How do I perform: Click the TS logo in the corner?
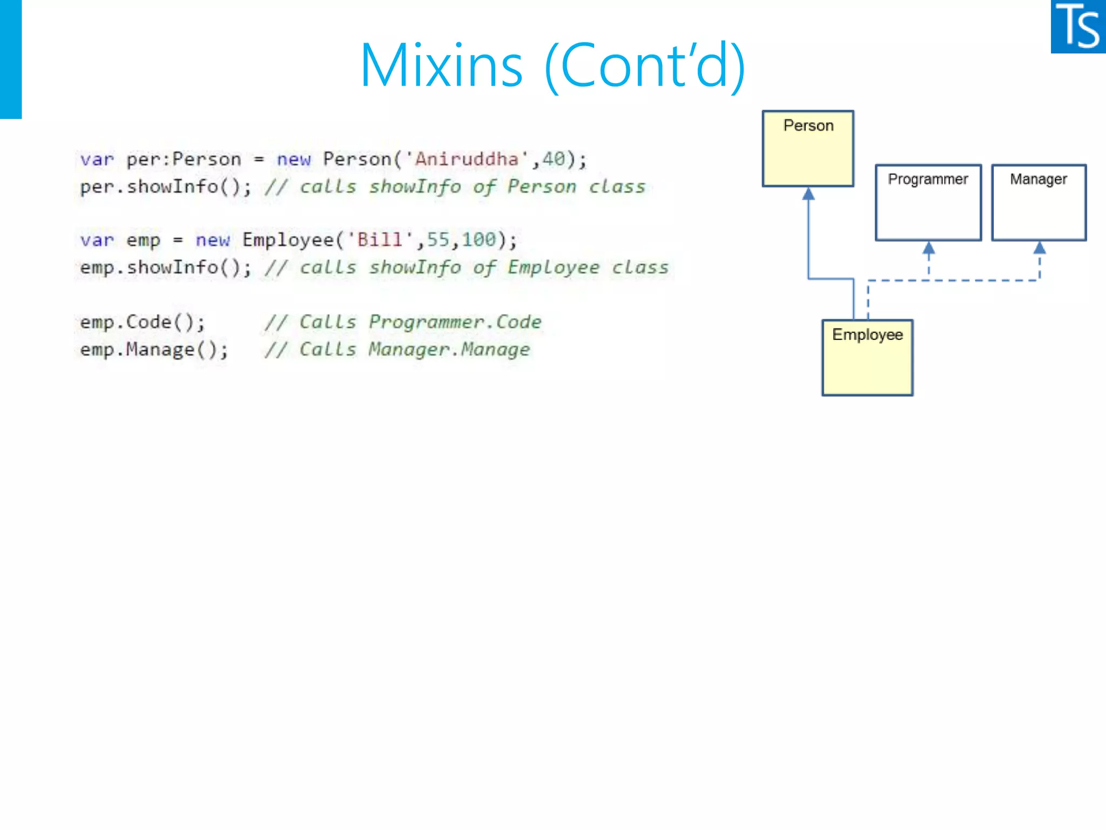[1078, 26]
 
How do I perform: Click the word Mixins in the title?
[441, 65]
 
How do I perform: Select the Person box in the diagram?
[808, 149]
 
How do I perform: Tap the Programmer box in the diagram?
[928, 203]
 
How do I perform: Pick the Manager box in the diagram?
[1039, 203]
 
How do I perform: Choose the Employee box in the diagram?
[867, 358]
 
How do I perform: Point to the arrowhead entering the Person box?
[808, 194]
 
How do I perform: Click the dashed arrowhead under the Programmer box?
[929, 249]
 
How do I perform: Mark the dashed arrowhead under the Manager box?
[1040, 249]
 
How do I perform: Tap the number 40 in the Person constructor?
[554, 159]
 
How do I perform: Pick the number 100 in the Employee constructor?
[478, 240]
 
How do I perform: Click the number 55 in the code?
[438, 240]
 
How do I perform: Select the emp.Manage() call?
[154, 350]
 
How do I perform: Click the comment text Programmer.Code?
[455, 323]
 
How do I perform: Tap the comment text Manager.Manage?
[449, 350]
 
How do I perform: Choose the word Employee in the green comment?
[553, 267]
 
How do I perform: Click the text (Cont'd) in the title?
[645, 65]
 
